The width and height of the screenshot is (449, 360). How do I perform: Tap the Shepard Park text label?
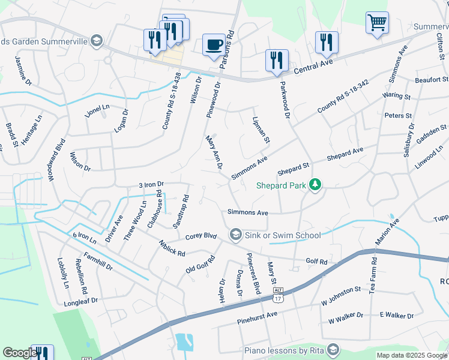tap(281, 185)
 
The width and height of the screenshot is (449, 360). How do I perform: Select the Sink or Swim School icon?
tap(235, 234)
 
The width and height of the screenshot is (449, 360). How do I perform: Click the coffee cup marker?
tap(214, 44)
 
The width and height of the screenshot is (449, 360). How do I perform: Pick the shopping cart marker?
tap(377, 23)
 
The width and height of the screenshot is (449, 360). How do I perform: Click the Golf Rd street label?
tap(316, 262)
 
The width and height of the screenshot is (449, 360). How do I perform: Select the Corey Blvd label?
tap(200, 236)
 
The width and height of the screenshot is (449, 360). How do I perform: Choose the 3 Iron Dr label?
tap(151, 185)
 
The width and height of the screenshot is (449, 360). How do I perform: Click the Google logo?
tap(19, 353)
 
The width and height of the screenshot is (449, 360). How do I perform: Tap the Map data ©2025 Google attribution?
tap(411, 355)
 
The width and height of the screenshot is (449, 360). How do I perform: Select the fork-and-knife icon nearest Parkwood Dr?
tap(277, 60)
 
